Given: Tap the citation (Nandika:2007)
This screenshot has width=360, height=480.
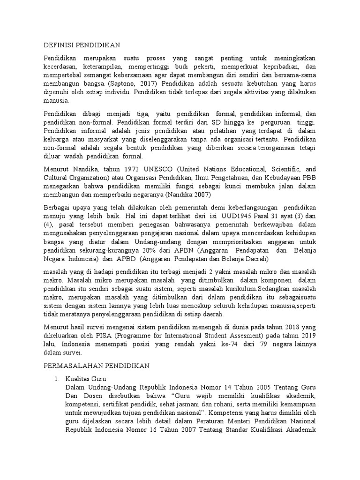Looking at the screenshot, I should point(187,194).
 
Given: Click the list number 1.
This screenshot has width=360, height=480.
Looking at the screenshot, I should point(56,379).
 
